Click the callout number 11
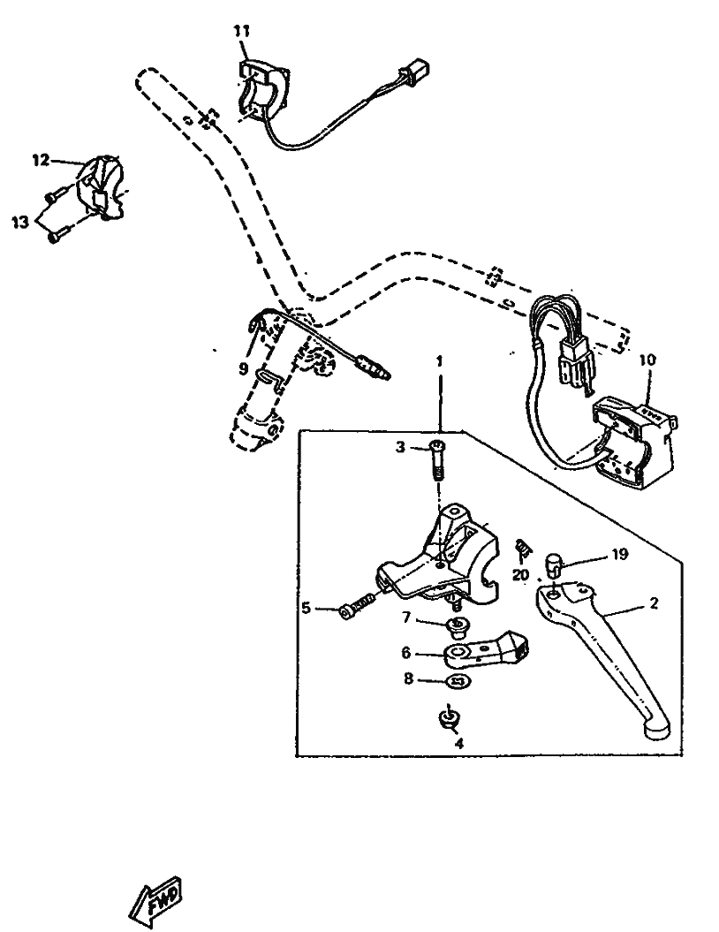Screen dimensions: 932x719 (x=242, y=31)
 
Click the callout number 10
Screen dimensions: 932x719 (x=647, y=360)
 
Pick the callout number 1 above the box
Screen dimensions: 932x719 (x=440, y=363)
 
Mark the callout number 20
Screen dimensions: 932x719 (x=521, y=574)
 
